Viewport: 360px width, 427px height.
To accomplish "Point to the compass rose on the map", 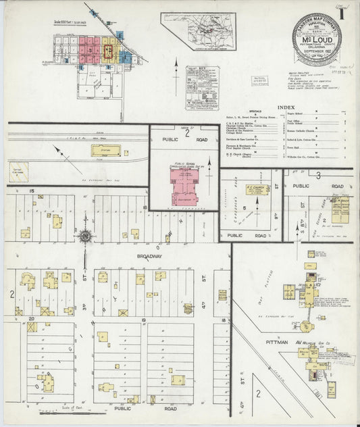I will click(x=85, y=236).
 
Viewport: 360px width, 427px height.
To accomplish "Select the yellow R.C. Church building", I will click(x=253, y=192).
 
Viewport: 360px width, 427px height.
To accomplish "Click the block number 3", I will click(x=317, y=175).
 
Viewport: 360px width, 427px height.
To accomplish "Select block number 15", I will click(x=32, y=192).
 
